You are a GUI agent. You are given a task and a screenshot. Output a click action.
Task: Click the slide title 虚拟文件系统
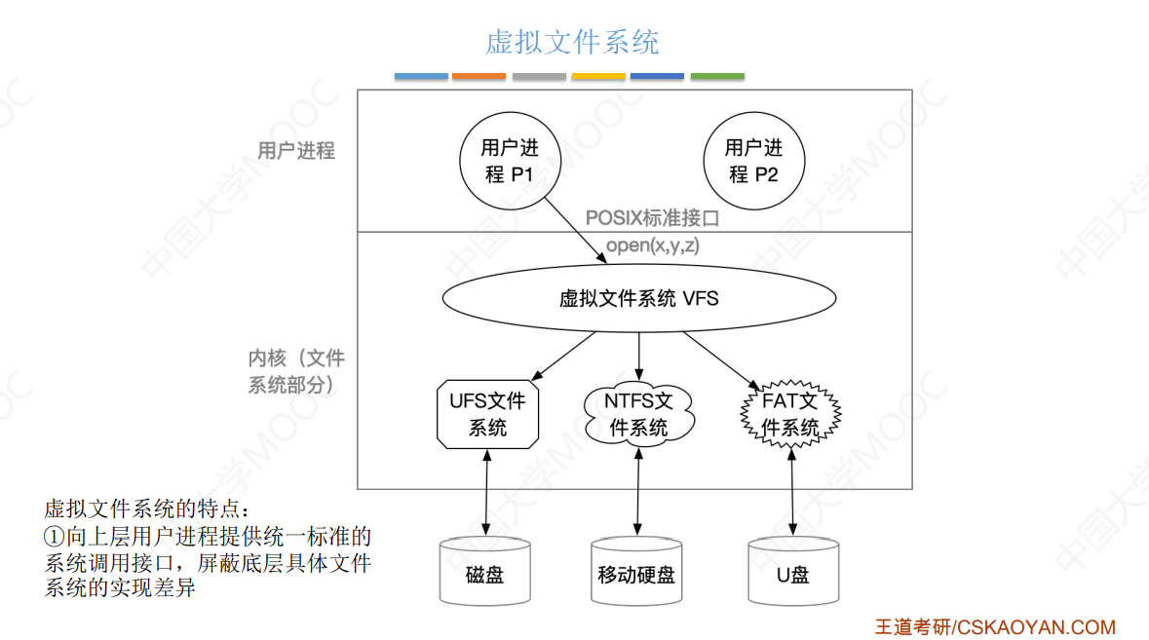pos(572,42)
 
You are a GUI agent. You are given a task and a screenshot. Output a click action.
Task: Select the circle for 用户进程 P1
pos(510,162)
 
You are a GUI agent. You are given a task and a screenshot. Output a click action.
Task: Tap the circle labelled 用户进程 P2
pos(753,162)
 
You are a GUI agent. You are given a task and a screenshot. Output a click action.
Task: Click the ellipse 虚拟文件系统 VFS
pos(638,298)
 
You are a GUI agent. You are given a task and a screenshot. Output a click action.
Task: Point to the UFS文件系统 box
pos(487,414)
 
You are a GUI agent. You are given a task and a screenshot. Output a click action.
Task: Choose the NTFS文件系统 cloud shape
pos(638,414)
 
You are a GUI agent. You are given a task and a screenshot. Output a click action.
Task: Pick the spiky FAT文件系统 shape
pos(789,414)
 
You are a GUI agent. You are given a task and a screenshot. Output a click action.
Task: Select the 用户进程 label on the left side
pos(296,151)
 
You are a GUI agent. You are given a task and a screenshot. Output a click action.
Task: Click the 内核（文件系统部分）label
pos(296,372)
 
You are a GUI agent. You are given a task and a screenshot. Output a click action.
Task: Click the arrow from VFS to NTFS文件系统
pos(638,357)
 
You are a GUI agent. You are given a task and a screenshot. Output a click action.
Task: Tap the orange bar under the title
pos(479,76)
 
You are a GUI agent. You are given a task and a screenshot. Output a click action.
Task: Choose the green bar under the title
pos(717,76)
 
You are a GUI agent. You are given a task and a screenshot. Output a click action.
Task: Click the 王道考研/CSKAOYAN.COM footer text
pos(994,627)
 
